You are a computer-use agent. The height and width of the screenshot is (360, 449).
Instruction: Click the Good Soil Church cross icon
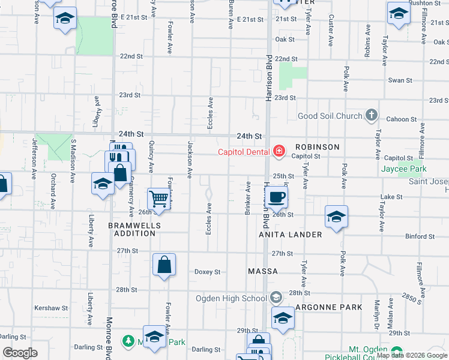(x=372, y=115)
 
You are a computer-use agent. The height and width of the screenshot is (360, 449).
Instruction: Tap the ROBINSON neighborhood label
(x=317, y=147)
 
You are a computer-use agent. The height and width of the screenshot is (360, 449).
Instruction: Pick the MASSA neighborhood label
(x=263, y=271)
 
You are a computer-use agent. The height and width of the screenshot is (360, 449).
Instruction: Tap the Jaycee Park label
(x=403, y=170)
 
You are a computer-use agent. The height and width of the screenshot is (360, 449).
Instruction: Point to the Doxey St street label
(x=207, y=272)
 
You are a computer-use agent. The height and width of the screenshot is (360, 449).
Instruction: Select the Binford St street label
(x=420, y=237)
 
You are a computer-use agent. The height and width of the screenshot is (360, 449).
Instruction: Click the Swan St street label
(x=400, y=80)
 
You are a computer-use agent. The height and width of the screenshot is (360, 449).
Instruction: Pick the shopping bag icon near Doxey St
(x=164, y=265)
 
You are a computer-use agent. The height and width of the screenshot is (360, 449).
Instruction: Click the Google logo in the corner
(x=20, y=353)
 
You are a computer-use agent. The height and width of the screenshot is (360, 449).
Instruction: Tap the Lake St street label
(x=391, y=197)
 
